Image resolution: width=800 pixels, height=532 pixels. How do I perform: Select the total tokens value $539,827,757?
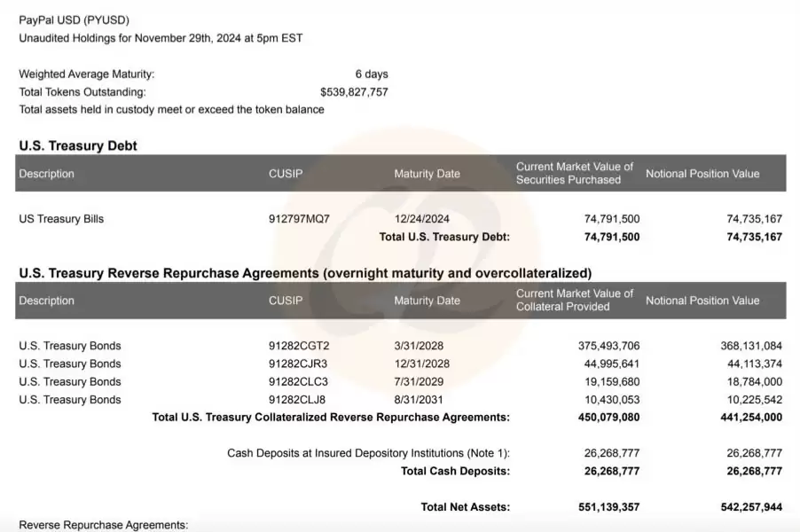354,92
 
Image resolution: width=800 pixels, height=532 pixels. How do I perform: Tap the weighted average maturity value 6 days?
372,74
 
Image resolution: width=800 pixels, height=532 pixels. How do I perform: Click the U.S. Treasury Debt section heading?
78,145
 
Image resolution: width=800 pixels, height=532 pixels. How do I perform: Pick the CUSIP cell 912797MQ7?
299,219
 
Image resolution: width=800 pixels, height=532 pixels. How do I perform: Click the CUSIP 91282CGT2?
298,346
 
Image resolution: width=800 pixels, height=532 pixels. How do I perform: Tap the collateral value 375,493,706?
601,346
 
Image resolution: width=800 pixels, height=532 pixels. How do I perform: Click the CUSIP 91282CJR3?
298,364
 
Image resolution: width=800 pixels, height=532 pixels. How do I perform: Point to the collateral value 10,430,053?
605,400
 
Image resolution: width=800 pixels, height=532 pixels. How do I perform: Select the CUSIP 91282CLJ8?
297,400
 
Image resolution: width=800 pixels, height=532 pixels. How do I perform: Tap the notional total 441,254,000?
744,418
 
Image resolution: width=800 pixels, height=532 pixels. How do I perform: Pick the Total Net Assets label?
465,507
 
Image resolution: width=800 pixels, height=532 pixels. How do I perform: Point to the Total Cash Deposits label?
455,471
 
